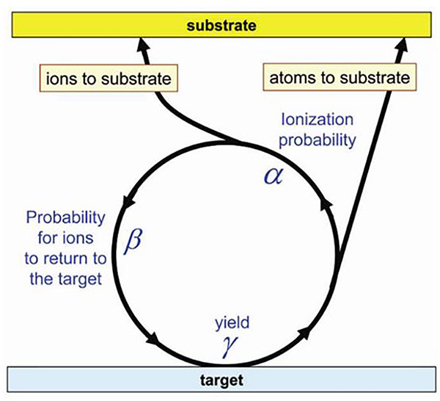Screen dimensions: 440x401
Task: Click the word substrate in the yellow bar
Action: (221, 26)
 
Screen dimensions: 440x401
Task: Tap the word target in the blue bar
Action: (221, 380)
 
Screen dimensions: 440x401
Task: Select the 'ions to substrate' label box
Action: (109, 78)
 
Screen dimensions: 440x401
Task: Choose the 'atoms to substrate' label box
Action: (340, 77)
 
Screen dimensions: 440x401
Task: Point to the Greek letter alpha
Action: (274, 176)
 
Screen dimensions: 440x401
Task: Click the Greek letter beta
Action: (133, 241)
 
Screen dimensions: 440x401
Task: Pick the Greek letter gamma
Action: (230, 347)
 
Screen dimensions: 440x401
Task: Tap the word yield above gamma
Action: (232, 323)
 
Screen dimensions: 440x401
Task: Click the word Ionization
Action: (317, 120)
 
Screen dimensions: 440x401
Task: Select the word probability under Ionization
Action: (318, 140)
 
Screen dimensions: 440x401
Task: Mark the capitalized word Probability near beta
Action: (66, 217)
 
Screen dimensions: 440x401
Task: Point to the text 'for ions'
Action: (65, 238)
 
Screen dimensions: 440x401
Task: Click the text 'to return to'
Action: (65, 259)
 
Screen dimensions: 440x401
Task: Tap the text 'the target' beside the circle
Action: (66, 279)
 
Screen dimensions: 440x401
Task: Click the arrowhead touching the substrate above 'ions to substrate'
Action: (144, 45)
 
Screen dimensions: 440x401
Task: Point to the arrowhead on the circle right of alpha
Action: (326, 205)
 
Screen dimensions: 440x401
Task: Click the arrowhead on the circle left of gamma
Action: (153, 339)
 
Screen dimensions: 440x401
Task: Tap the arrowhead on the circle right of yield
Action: (304, 333)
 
